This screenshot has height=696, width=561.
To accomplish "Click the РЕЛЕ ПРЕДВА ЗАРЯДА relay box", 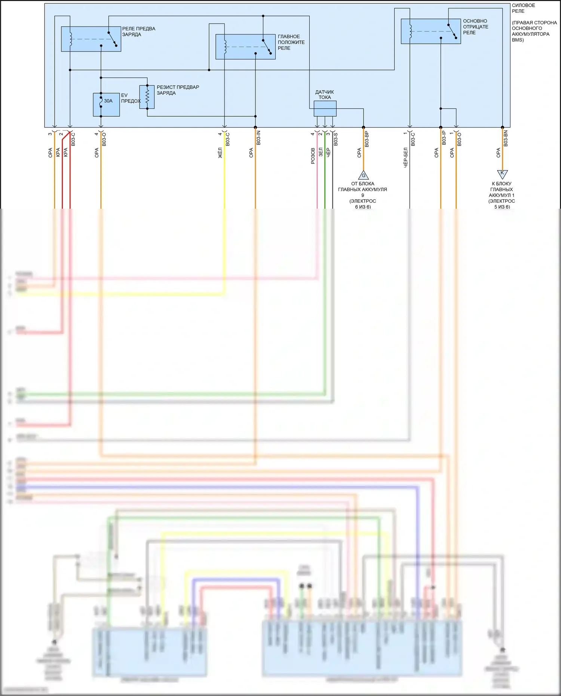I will [91, 39].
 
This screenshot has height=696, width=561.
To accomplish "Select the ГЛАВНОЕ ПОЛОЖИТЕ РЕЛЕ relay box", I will [245, 47].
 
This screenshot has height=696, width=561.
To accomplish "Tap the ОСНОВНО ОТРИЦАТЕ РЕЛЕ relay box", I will [430, 31].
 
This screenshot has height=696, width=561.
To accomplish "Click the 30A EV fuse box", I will [106, 105].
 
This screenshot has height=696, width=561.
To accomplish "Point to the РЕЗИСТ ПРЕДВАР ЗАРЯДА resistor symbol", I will [147, 97].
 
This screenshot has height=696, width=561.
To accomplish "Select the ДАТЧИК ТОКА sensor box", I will [325, 108].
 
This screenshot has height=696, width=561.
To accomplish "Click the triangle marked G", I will [363, 175].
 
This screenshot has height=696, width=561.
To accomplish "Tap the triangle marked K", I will [502, 174].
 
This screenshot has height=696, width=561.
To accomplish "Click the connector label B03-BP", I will [367, 139].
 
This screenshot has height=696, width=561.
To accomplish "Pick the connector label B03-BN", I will [506, 138].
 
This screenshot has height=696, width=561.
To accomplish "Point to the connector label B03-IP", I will [444, 138].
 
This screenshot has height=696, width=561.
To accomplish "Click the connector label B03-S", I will [336, 139].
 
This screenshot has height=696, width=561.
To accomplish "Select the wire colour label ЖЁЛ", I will [220, 153].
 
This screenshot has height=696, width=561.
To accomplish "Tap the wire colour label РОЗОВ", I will [313, 156].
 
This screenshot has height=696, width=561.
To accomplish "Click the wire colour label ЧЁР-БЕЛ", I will [405, 157].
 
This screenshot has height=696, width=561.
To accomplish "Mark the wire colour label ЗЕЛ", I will [321, 152].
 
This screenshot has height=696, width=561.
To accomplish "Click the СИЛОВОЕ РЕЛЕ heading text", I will [523, 8].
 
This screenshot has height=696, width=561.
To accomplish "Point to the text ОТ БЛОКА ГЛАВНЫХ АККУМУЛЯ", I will [362, 187].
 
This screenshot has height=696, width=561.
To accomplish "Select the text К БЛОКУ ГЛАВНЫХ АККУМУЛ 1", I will [502, 189].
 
